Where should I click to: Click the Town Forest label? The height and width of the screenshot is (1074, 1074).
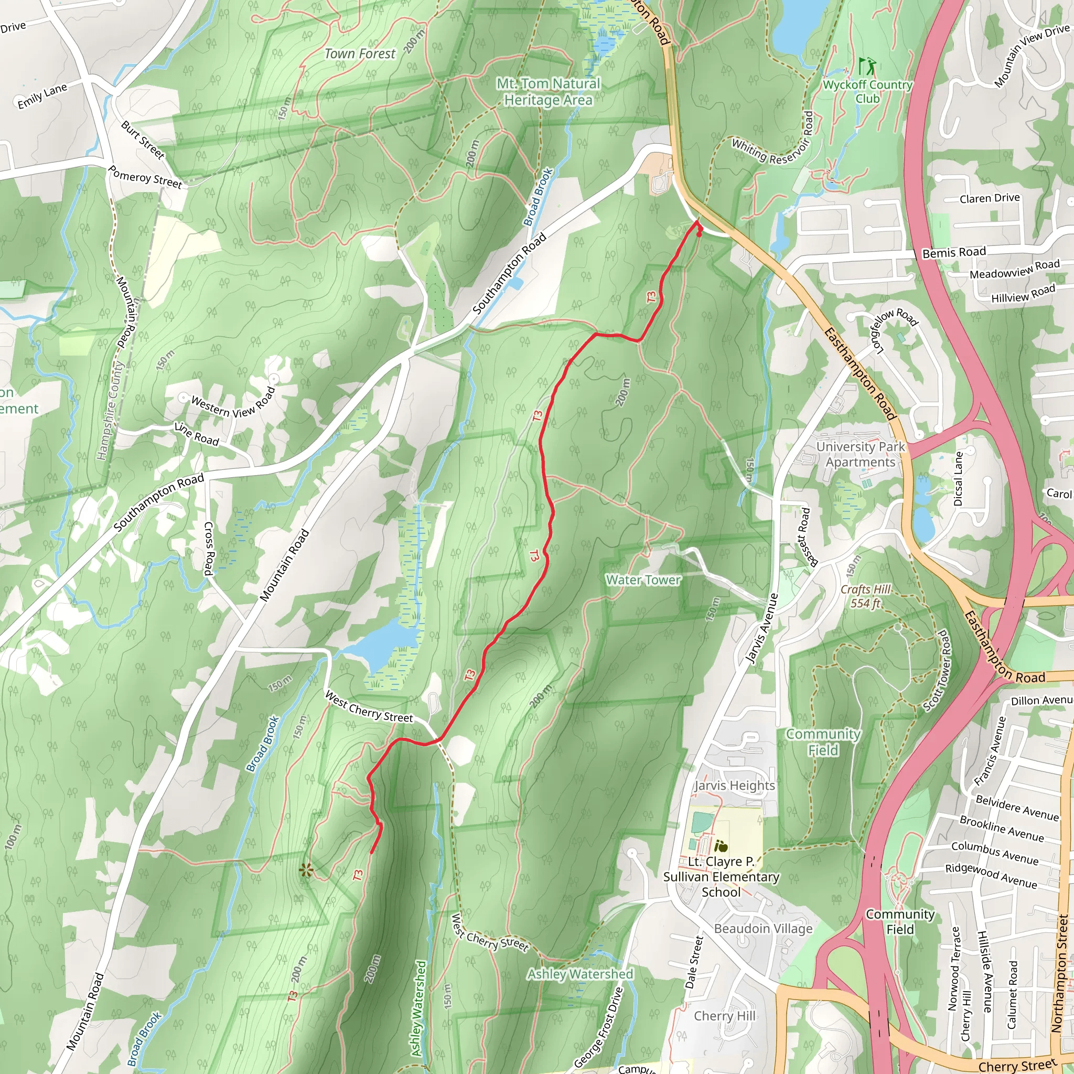pos(360,54)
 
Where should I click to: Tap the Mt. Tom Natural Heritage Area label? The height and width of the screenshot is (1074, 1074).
pos(548,92)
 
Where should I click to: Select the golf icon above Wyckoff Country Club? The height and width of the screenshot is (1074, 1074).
pos(865,67)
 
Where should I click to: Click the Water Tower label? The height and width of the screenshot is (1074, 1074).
pos(643,580)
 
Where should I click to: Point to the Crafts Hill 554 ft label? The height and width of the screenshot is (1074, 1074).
pos(865,596)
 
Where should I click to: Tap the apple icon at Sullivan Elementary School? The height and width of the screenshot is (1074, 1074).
pos(721,846)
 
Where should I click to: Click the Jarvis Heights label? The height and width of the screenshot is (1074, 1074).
pos(734,786)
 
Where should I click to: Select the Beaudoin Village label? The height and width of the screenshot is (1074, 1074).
pos(762,928)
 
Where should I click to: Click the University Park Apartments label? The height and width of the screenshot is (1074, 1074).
pos(860,454)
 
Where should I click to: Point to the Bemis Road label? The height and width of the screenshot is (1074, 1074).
pos(954,252)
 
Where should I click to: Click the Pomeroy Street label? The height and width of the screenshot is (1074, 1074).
pos(145,177)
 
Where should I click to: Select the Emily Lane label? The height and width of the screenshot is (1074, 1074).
pos(42,96)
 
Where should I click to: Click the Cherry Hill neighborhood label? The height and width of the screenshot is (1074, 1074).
pos(724,1016)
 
